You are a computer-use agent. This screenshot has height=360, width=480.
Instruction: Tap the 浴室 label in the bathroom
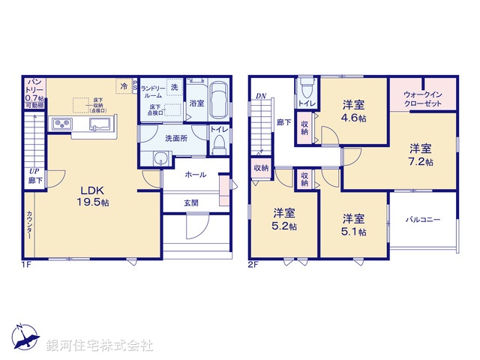(196, 103)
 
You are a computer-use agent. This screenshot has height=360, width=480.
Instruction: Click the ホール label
(195, 175)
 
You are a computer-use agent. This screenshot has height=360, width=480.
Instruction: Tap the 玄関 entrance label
(191, 202)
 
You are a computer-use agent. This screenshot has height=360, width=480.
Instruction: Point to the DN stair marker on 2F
(260, 96)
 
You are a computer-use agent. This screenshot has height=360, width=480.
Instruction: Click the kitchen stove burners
(61, 124)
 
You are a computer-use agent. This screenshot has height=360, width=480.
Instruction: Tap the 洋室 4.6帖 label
(354, 111)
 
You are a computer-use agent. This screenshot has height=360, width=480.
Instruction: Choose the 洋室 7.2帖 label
(420, 154)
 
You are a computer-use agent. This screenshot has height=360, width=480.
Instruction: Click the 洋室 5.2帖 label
(283, 218)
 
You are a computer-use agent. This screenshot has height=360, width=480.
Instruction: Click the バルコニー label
(424, 220)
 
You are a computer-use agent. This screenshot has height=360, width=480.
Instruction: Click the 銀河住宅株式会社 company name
(100, 346)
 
